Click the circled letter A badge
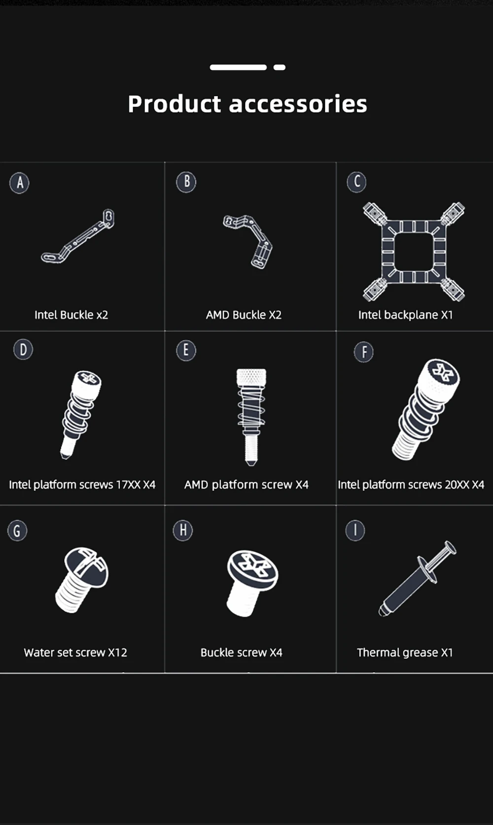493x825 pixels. pyautogui.click(x=20, y=182)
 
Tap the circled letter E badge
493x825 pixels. pyautogui.click(x=186, y=350)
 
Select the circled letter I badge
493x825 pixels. pyautogui.click(x=355, y=531)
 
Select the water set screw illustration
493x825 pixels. pyautogui.click(x=82, y=580)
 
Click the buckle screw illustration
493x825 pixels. pyautogui.click(x=252, y=583)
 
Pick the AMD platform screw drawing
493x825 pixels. pyautogui.click(x=251, y=417)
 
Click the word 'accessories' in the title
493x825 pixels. pyautogui.click(x=298, y=104)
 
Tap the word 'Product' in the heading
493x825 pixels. pyautogui.click(x=174, y=104)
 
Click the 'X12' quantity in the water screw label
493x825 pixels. pyautogui.click(x=117, y=652)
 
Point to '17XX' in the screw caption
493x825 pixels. pyautogui.click(x=129, y=484)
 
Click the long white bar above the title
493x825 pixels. pyautogui.click(x=238, y=68)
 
